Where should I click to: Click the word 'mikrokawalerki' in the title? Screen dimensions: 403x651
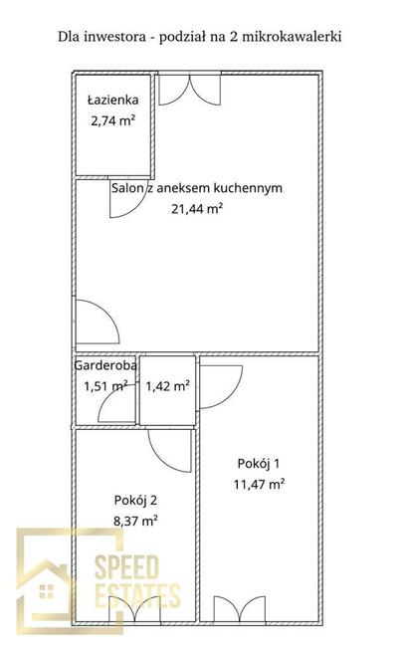pyautogui.click(x=292, y=37)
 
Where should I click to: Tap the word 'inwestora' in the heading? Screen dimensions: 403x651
pyautogui.click(x=115, y=37)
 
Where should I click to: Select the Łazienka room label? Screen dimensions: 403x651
pyautogui.click(x=112, y=101)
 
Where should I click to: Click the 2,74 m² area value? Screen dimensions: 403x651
pyautogui.click(x=112, y=120)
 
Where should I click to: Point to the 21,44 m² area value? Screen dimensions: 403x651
pyautogui.click(x=197, y=208)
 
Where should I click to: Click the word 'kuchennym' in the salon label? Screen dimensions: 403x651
pyautogui.click(x=248, y=188)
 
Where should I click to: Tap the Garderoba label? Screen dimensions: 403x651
pyautogui.click(x=105, y=365)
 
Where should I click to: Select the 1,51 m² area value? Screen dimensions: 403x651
pyautogui.click(x=105, y=386)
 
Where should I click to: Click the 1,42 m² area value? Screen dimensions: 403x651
pyautogui.click(x=168, y=386)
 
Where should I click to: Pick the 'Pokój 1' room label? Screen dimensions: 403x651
pyautogui.click(x=258, y=463)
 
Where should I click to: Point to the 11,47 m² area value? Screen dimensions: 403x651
pyautogui.click(x=259, y=484)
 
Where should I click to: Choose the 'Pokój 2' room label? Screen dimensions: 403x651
pyautogui.click(x=135, y=501)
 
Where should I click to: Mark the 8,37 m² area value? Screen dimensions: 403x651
pyautogui.click(x=135, y=521)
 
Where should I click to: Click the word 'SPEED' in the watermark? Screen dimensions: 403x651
pyautogui.click(x=126, y=566)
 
